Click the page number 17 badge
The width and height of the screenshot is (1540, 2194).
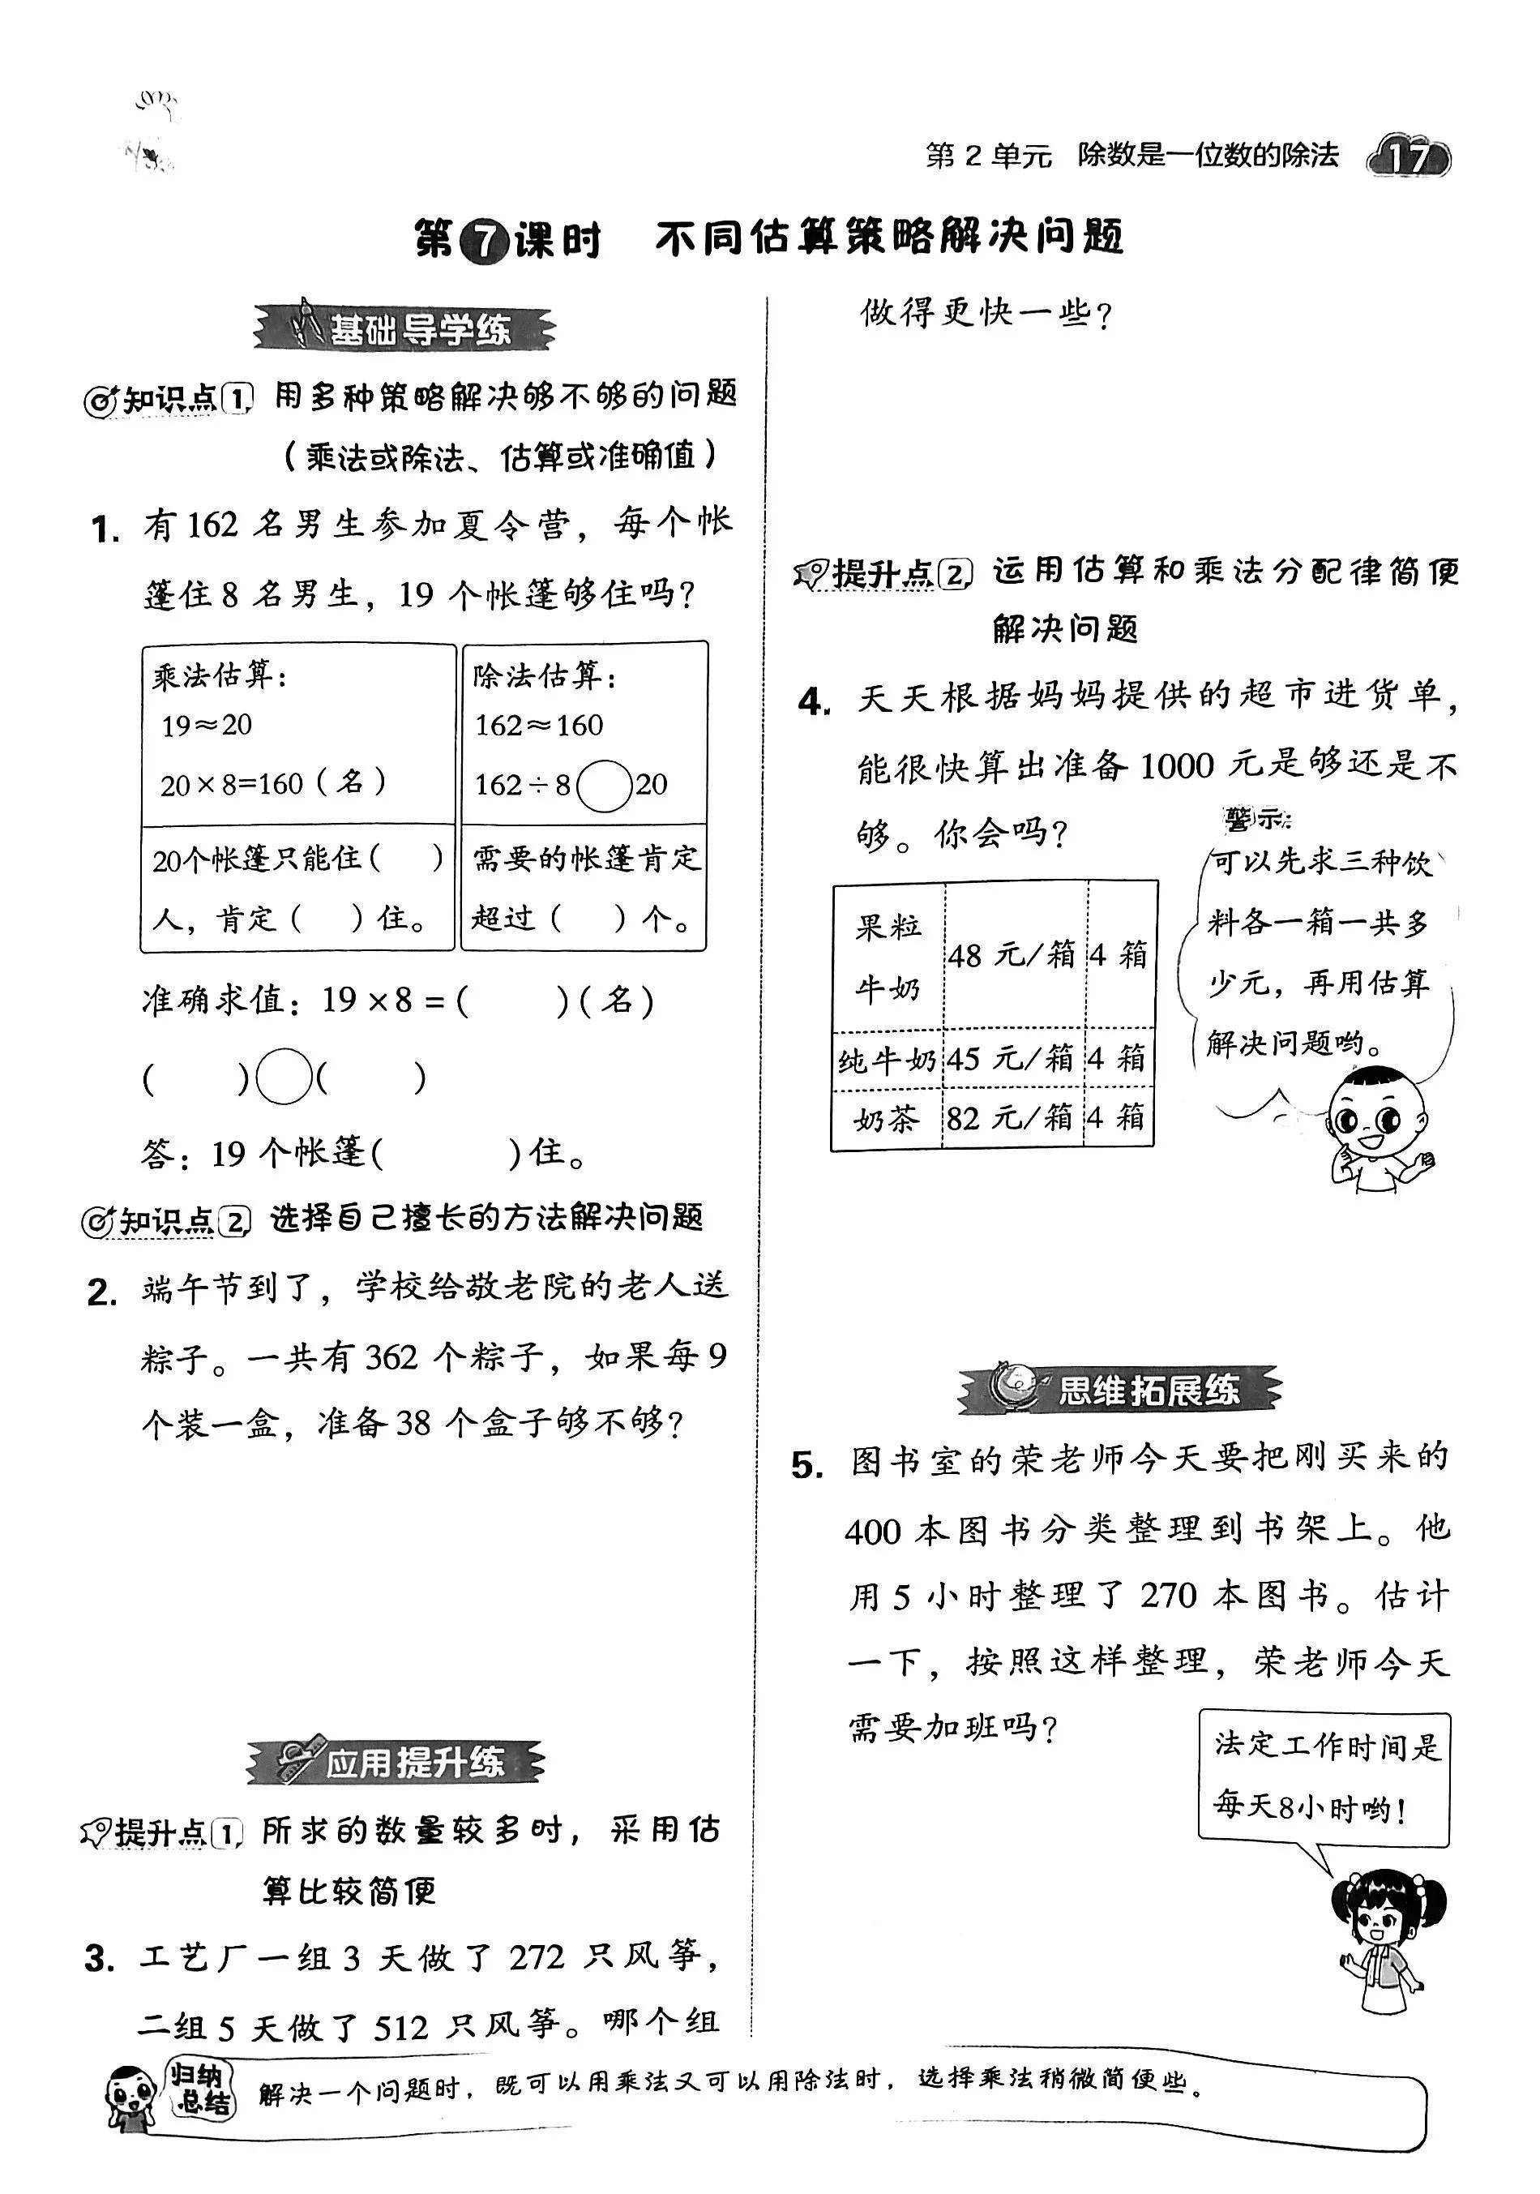click(x=1408, y=156)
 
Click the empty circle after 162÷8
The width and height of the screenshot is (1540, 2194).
click(x=604, y=786)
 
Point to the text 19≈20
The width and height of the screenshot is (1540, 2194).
click(x=207, y=726)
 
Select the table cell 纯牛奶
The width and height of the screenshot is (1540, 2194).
click(x=887, y=1059)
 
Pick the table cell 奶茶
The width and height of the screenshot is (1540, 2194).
click(x=887, y=1118)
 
